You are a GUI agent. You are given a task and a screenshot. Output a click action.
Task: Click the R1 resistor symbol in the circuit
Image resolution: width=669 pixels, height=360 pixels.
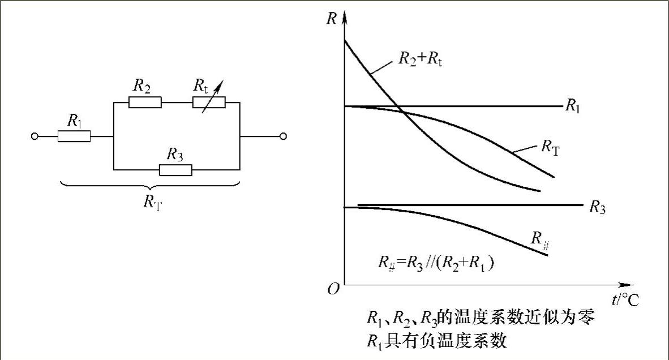click(74, 136)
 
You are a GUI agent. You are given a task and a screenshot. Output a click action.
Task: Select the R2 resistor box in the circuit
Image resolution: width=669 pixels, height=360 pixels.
click(145, 102)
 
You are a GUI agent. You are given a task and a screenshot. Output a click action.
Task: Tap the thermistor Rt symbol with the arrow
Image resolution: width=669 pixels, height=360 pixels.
click(209, 102)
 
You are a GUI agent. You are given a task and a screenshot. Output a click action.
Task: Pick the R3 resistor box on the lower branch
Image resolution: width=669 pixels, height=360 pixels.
click(175, 170)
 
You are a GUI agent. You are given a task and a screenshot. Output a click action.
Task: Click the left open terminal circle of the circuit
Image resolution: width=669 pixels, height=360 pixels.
click(35, 136)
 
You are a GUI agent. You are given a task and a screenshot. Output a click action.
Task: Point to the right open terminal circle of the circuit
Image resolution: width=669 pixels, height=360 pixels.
click(284, 136)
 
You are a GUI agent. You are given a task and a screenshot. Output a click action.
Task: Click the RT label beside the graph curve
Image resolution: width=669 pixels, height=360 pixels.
click(551, 147)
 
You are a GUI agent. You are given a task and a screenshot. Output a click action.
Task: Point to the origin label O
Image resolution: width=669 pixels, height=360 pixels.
click(333, 289)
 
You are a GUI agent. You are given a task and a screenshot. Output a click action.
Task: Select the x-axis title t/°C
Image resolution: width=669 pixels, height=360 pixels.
click(625, 299)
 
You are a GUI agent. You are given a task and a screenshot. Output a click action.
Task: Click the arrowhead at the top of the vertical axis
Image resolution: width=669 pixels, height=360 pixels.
click(345, 16)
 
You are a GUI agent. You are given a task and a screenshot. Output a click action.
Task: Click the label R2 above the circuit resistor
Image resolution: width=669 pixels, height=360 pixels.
click(141, 86)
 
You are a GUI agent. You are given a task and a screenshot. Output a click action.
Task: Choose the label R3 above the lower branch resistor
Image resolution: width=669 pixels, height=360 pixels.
click(175, 154)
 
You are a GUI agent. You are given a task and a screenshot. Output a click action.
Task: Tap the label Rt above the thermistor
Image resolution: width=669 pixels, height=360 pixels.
click(201, 86)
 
